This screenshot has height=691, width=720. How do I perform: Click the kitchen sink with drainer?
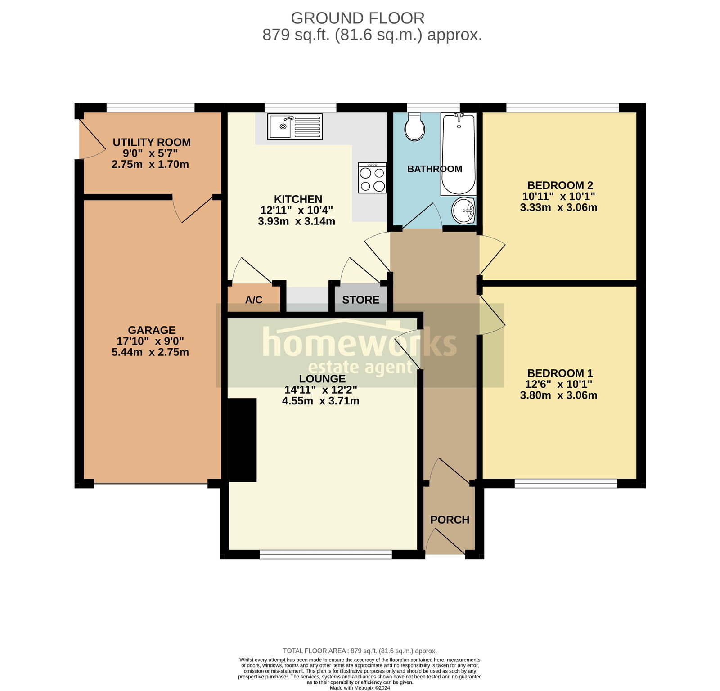coord(295,126)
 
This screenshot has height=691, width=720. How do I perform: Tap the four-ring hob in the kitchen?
coord(372,178)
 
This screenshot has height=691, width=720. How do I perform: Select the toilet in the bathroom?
coord(414,127)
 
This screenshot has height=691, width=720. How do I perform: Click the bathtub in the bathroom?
coord(458,154)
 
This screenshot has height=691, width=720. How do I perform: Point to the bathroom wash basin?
coord(463,210)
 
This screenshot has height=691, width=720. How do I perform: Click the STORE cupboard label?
coord(360,300)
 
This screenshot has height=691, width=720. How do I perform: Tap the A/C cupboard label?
coord(254,300)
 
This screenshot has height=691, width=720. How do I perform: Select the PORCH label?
coord(450,520)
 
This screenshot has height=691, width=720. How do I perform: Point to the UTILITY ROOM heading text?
coord(152,142)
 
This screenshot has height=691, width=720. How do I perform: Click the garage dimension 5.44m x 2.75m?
coord(150,352)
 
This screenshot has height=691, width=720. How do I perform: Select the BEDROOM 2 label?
coord(560,185)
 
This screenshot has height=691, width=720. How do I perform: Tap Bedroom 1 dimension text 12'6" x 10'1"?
coord(558,384)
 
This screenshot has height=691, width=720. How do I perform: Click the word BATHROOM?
coord(434,169)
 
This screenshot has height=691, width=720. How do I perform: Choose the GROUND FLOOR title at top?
coord(358,18)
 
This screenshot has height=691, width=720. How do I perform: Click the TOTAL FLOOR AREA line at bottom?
coord(360,651)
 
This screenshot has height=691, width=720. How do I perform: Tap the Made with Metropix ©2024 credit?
coord(360,687)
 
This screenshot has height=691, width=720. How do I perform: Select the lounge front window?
coord(326,555)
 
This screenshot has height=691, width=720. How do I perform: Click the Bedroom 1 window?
coord(566,484)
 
